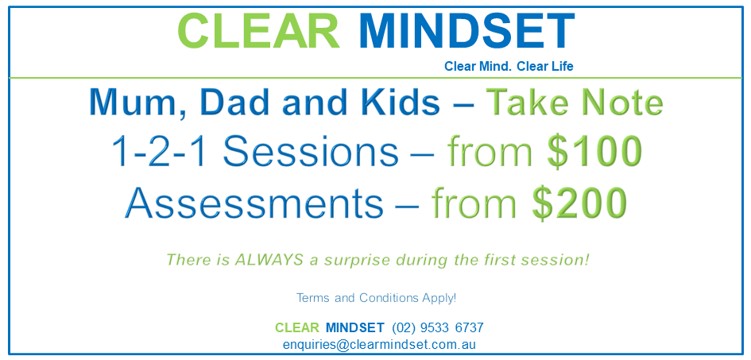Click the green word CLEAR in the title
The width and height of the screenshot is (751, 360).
258,30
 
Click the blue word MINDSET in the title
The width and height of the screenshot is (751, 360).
466,30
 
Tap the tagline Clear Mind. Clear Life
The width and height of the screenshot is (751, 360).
509,67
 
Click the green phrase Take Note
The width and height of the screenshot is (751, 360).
574,103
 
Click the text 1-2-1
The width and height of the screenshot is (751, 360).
155,152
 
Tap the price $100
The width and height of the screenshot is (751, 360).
594,152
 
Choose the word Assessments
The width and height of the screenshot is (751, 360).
254,203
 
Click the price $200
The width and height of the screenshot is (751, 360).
579,203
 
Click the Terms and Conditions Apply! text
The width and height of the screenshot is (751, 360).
376,298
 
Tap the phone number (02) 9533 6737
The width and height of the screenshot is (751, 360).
438,327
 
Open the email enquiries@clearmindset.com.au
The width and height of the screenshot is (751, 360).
379,345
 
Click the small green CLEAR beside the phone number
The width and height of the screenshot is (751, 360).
296,327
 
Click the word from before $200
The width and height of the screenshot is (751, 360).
477,203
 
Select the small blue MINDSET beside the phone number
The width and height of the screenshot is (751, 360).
354,327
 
